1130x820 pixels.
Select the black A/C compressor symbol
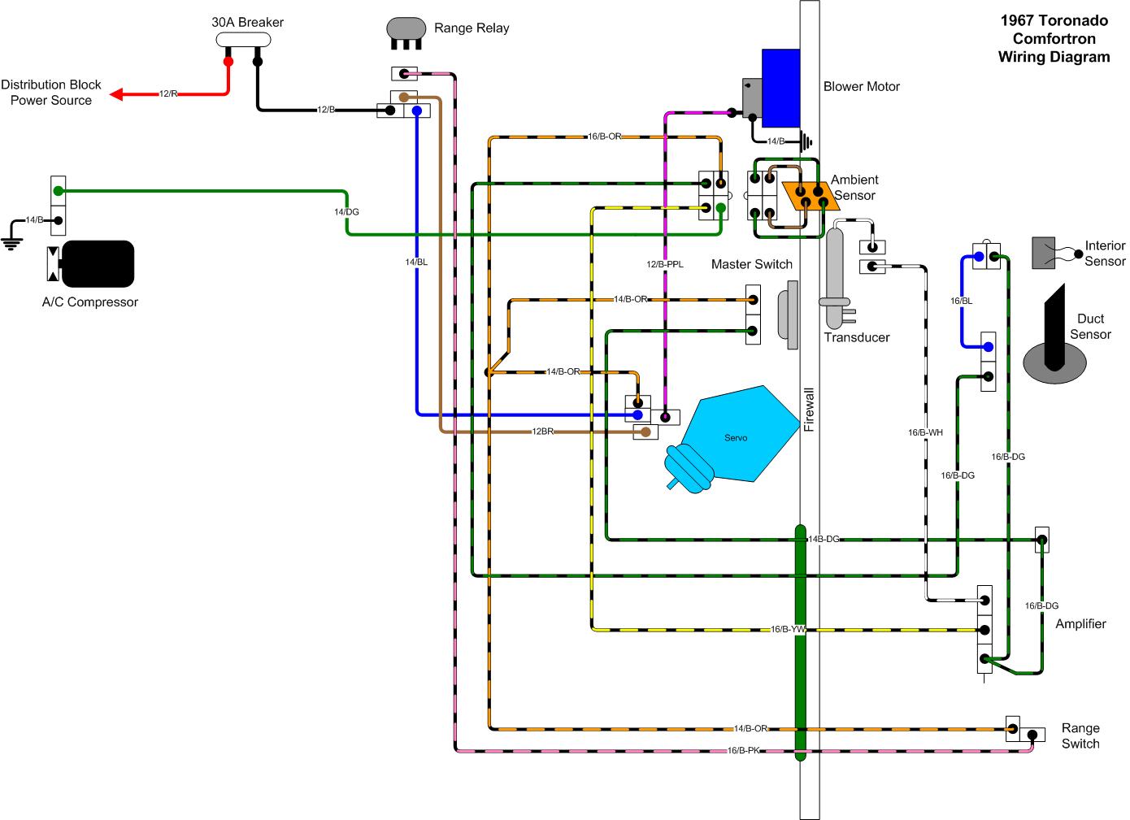[98, 263]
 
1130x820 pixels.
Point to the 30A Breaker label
[247, 23]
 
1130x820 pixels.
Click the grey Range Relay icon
[406, 28]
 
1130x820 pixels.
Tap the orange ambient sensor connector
[809, 197]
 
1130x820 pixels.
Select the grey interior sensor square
[1044, 253]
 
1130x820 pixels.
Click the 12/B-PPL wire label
[665, 264]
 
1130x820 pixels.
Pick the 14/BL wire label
[416, 262]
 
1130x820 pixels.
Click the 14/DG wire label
[346, 212]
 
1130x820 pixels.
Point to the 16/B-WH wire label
[925, 432]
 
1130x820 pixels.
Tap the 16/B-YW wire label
[788, 630]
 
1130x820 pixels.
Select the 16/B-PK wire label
[743, 751]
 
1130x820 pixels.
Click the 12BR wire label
[543, 432]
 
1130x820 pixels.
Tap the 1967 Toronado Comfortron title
[1054, 39]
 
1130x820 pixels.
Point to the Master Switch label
[751, 264]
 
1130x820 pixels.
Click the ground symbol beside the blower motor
[806, 142]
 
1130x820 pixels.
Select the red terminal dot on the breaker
[228, 61]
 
